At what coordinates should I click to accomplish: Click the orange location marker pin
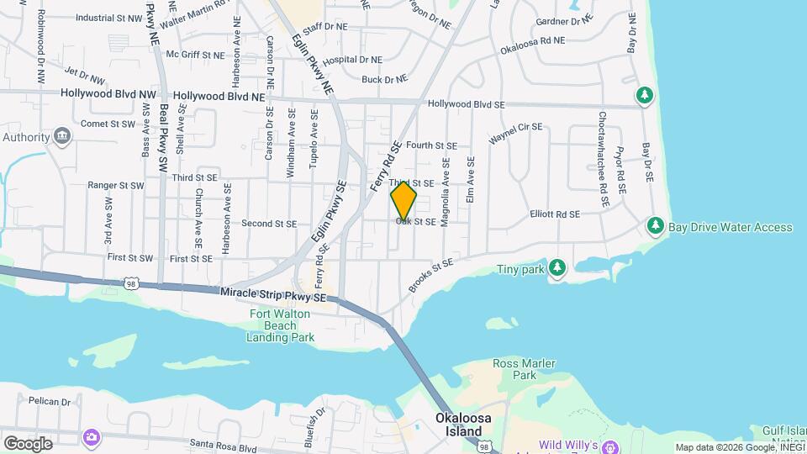tap(403, 201)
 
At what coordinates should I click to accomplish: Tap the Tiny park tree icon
tap(556, 268)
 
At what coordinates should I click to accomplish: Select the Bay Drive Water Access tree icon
tap(655, 227)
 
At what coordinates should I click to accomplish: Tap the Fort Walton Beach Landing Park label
tap(281, 326)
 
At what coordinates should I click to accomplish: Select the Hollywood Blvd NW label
tap(108, 96)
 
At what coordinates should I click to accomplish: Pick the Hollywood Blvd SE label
tap(466, 105)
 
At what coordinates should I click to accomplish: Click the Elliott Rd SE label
tap(555, 214)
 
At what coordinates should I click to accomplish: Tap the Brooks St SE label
tap(430, 275)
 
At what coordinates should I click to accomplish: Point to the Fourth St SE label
tap(430, 145)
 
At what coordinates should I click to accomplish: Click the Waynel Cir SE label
tap(516, 133)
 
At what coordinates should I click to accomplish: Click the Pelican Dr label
tap(48, 402)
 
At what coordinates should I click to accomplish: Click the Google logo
tap(27, 443)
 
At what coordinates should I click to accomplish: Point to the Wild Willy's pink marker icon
tap(609, 445)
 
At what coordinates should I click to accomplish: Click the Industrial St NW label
tap(109, 18)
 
